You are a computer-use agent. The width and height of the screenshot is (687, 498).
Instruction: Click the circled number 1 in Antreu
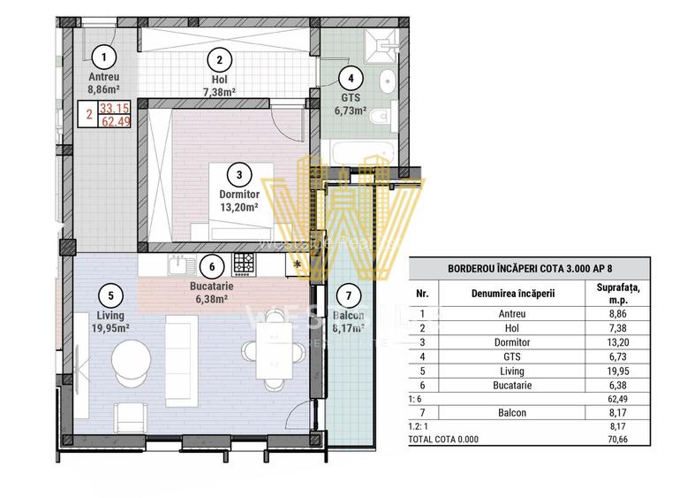click(104, 58)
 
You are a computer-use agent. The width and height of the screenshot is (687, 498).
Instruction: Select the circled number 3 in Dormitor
click(238, 174)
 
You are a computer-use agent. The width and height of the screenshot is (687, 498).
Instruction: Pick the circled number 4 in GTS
click(351, 77)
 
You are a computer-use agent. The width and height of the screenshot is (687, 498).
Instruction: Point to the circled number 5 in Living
click(110, 296)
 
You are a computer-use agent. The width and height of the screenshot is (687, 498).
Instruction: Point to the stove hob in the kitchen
click(244, 263)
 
